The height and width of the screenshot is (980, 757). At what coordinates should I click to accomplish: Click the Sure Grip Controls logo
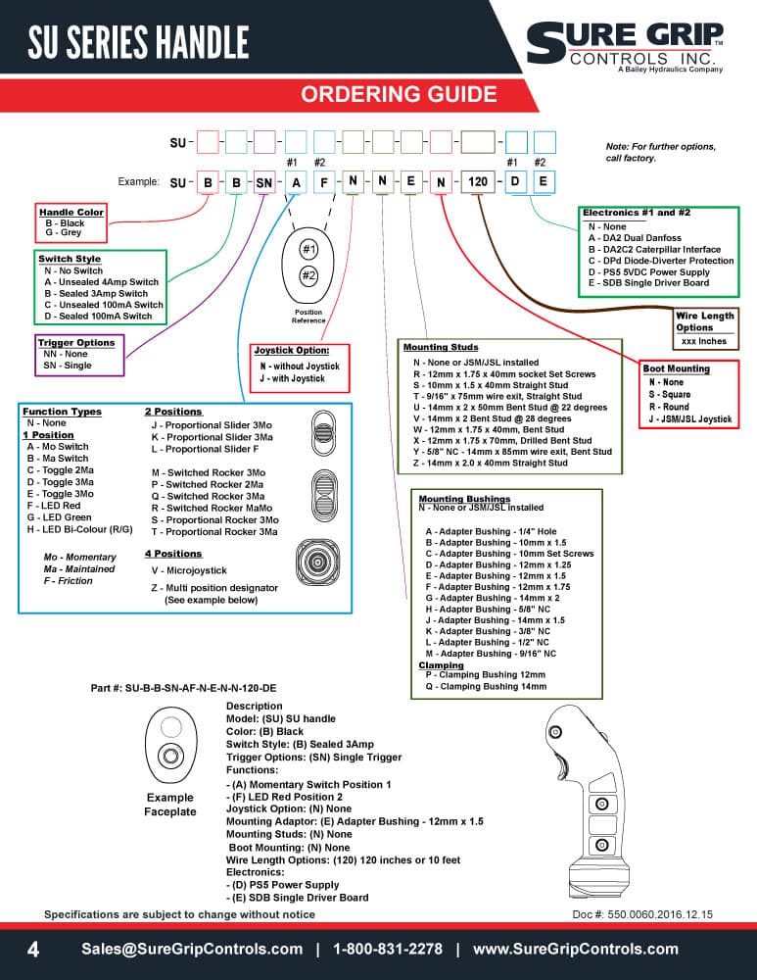625,47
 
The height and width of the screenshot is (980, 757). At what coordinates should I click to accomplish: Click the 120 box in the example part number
478,182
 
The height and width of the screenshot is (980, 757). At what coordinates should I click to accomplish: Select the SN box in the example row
264,182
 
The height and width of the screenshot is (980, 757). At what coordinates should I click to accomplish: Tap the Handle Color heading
71,212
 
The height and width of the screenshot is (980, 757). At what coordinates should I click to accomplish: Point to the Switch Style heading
70,259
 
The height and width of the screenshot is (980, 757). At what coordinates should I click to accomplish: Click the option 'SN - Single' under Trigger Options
68,365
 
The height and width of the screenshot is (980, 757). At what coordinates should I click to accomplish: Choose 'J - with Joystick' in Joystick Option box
292,378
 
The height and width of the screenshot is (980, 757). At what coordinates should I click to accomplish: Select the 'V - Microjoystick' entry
189,570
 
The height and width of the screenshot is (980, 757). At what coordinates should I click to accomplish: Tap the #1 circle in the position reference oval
308,249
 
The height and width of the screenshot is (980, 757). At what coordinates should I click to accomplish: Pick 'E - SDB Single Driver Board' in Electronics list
648,282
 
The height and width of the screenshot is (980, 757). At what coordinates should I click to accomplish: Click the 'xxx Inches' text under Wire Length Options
704,341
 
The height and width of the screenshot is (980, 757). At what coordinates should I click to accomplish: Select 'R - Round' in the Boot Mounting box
669,407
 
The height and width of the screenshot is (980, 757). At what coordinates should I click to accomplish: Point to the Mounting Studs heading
441,347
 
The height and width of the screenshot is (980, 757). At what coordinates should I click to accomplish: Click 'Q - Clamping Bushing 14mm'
486,686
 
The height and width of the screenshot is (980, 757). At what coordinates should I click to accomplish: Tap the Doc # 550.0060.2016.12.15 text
642,914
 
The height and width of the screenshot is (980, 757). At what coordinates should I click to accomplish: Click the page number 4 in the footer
33,950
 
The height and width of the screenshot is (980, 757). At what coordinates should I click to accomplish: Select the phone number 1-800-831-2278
387,949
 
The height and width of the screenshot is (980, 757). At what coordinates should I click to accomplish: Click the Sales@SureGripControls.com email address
192,949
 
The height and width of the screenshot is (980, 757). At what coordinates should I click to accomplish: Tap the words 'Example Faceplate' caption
169,805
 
